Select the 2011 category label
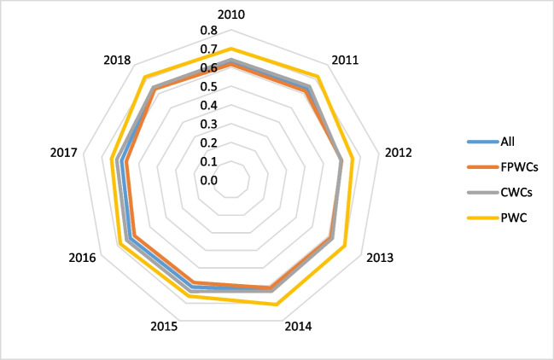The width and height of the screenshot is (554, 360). pos(345,61)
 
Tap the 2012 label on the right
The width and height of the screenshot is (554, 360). pos(399,153)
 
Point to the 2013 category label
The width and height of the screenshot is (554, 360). pos(380,257)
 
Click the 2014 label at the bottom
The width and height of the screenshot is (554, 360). pos(298,326)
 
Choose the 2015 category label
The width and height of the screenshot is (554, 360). pos(164,326)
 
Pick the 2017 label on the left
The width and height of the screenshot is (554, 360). pos(63,153)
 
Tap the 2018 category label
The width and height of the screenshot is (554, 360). pos(117,61)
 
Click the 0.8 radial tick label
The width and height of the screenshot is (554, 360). pos(209,31)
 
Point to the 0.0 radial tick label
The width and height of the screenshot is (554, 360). pos(209,180)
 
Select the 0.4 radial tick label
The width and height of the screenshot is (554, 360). pos(209,106)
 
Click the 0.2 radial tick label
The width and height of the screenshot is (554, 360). pos(209,143)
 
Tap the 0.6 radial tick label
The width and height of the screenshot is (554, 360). pos(209,68)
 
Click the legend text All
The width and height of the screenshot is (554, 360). pos(507,142)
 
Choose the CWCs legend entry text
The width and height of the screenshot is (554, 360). pos(516,192)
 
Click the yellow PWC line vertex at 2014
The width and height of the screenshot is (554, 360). pos(275,304)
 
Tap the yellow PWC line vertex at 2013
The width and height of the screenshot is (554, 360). pos(345,247)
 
